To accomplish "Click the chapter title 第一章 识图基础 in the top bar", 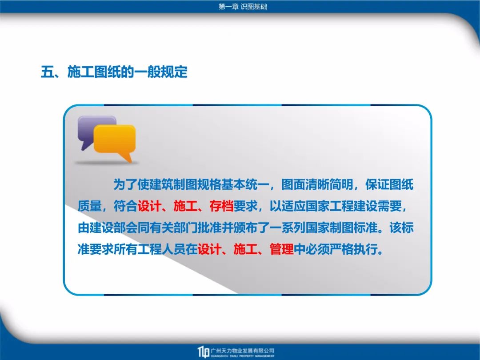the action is tap(243, 6).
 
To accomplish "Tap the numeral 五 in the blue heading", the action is tap(47, 72).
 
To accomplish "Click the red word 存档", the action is tap(221, 206).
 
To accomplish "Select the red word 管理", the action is tap(281, 249).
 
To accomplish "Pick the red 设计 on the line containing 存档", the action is tap(149, 206).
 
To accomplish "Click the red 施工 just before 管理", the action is tap(245, 249).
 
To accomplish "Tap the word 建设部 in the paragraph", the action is tap(107, 228).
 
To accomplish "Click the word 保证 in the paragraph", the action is tap(377, 184).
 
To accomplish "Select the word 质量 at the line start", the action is tap(89, 206).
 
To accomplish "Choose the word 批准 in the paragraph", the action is tap(209, 228).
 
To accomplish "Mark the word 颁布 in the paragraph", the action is tap(245, 228).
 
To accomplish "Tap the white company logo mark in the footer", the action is tap(203, 352).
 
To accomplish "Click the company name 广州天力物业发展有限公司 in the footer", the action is tap(243, 351).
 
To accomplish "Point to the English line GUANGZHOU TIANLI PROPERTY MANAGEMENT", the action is tap(243, 356).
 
